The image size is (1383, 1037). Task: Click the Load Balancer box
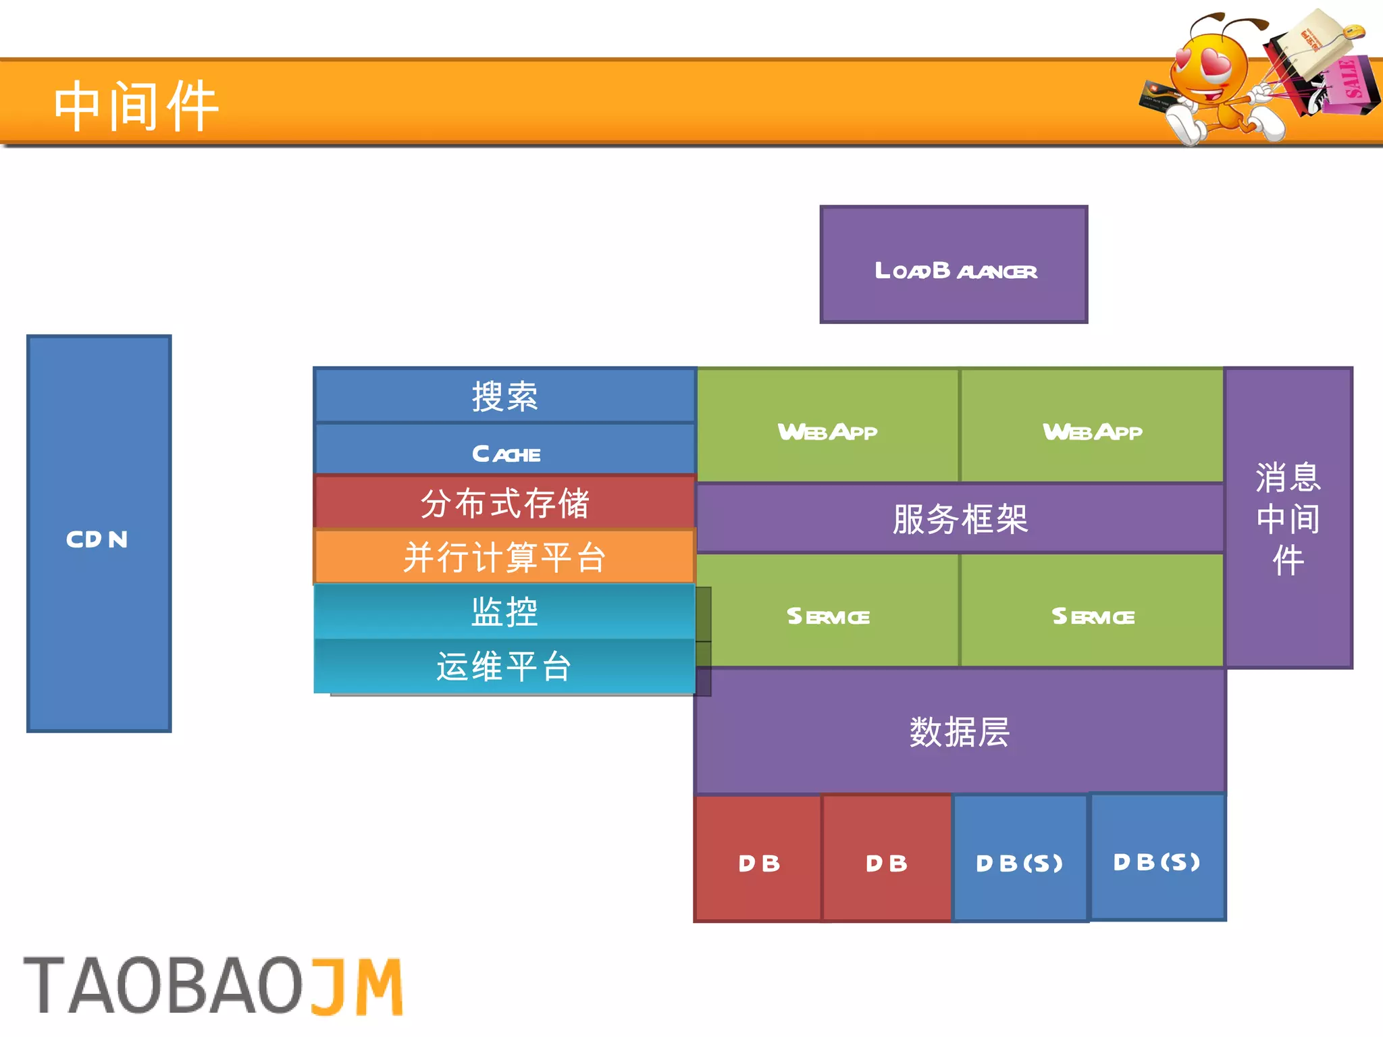click(954, 265)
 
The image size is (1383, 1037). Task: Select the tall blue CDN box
click(99, 533)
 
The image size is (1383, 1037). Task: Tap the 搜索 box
click(504, 396)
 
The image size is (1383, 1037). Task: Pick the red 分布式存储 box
click(504, 503)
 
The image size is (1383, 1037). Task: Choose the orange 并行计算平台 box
click(504, 557)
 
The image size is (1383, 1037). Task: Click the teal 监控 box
click(504, 612)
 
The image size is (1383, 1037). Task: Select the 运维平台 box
click(504, 666)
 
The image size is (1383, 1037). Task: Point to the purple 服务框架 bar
click(960, 518)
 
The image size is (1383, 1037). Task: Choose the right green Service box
click(1092, 611)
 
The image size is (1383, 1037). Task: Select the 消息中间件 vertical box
click(1288, 518)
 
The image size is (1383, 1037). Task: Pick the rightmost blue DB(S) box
click(1157, 857)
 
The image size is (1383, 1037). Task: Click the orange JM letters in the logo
click(357, 986)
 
